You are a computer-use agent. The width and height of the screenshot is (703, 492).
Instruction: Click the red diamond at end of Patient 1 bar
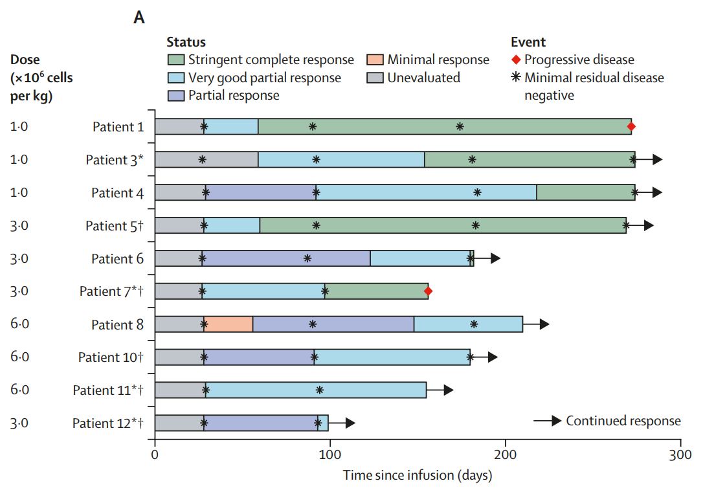[x=631, y=127]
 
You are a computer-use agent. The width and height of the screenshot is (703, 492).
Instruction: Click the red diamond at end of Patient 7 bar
[x=428, y=291]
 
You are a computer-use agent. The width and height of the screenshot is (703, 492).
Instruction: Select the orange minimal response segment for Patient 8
[x=229, y=324]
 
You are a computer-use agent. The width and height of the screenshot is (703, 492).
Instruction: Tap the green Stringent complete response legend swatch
[x=176, y=60]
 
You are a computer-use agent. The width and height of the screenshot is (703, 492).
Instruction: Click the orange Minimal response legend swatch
[x=376, y=60]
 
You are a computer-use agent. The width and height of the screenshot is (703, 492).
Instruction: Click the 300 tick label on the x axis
[x=680, y=456]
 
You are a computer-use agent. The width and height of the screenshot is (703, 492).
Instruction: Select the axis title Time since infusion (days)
[x=418, y=476]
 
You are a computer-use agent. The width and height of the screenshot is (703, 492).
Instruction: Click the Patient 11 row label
[x=107, y=390]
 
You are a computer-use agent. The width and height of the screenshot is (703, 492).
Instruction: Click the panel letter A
[x=139, y=18]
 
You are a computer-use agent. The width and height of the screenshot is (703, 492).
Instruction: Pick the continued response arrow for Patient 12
[x=342, y=423]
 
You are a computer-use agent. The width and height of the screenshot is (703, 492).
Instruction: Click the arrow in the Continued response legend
[x=547, y=421]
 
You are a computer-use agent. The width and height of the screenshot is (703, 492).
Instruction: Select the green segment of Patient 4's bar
[x=585, y=192]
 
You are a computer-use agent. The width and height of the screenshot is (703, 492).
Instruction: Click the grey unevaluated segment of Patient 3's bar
[x=206, y=159]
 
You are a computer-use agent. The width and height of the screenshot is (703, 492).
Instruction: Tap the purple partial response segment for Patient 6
[x=285, y=258]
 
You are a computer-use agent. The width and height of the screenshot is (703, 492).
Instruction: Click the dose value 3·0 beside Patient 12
[x=19, y=423]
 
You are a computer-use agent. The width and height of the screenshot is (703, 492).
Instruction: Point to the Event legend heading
[x=528, y=42]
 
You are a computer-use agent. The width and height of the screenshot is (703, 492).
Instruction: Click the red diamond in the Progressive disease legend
[x=516, y=60]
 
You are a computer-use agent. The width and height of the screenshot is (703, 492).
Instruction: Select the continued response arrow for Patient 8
[x=537, y=324]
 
